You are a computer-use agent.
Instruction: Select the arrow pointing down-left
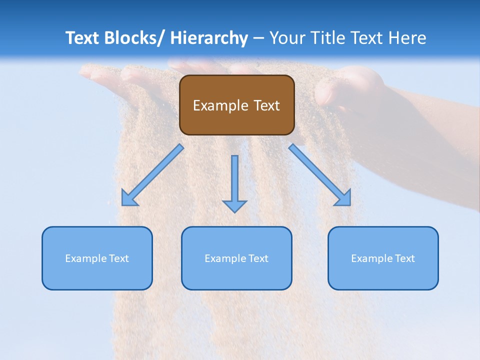152,175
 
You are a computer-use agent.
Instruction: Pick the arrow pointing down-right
320,175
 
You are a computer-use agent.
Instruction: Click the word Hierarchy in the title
209,38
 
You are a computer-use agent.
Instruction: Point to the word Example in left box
86,258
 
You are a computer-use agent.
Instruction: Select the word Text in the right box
404,258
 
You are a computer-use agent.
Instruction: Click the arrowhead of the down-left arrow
128,199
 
